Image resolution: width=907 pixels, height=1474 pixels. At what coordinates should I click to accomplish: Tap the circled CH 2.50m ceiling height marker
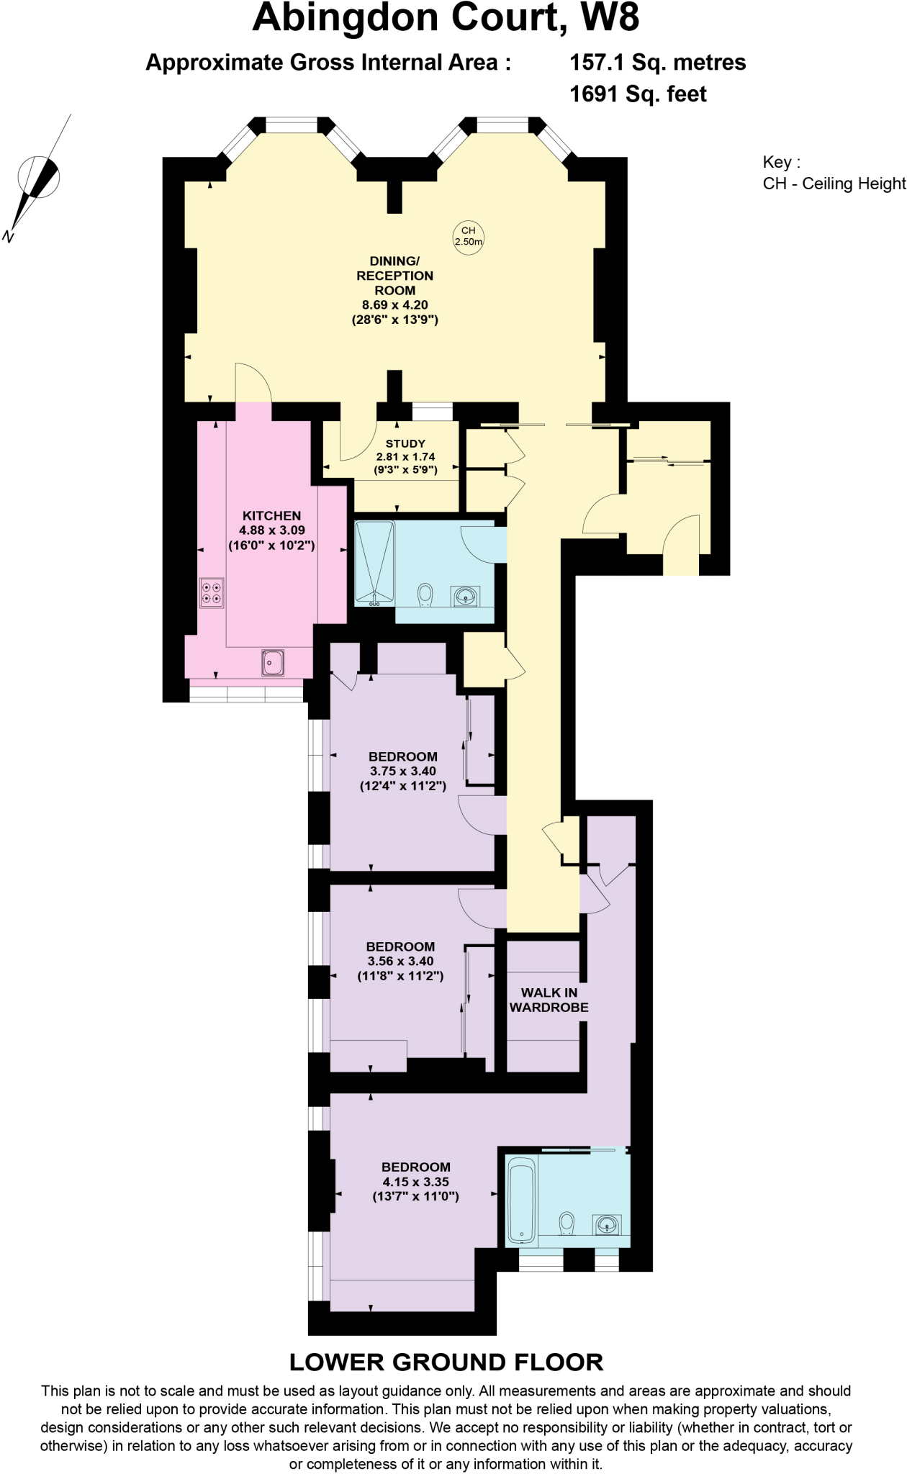(468, 235)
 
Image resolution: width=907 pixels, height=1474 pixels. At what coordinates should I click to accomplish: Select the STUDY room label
(405, 444)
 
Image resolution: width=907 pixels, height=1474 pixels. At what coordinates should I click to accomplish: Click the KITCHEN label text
(271, 516)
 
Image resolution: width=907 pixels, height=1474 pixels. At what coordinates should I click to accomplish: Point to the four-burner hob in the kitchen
(212, 592)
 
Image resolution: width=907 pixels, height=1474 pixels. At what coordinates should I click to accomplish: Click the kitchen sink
(274, 662)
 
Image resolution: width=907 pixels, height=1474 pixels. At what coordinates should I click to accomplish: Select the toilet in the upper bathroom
(425, 595)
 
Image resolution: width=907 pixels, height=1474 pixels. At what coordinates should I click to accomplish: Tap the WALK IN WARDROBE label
(549, 1000)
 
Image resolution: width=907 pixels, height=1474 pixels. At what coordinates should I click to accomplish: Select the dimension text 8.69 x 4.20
(394, 305)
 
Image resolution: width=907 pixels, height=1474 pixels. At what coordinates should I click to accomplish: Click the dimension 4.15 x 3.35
(416, 1182)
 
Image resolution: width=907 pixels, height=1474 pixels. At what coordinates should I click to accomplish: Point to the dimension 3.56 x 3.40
(400, 961)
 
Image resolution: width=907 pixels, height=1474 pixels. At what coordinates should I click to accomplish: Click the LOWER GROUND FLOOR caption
(446, 1362)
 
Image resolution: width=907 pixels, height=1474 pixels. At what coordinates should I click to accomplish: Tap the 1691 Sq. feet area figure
(638, 94)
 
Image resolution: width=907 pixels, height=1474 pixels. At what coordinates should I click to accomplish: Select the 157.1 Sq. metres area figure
(657, 63)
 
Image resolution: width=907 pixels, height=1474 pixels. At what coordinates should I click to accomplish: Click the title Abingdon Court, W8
(446, 19)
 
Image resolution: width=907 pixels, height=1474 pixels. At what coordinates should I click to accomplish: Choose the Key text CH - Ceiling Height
(834, 184)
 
